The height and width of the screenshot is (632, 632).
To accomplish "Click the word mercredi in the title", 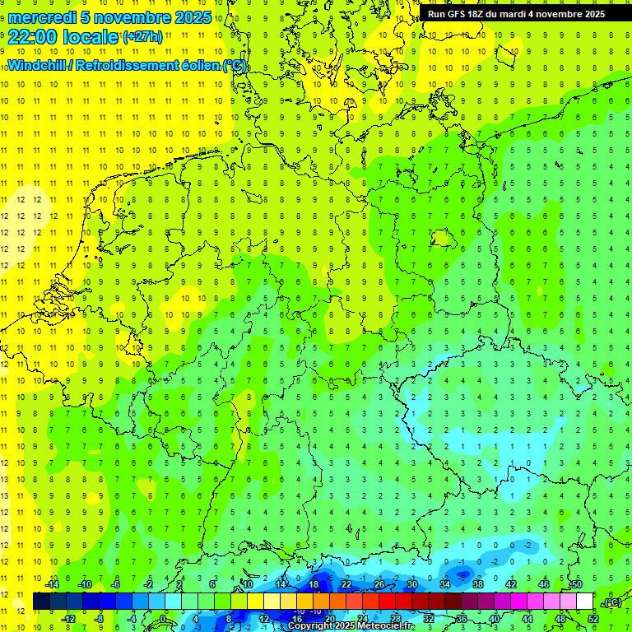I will (x=42, y=17).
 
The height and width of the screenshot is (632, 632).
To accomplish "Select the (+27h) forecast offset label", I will (x=142, y=37).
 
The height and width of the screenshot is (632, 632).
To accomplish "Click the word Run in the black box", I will (x=437, y=14).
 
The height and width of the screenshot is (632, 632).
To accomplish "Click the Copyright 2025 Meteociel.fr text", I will (x=351, y=626).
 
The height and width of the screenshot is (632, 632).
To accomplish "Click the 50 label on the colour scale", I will (x=577, y=584).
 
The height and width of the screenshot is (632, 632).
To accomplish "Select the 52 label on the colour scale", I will (x=592, y=618).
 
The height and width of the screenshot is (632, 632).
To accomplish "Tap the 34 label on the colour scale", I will (x=445, y=584).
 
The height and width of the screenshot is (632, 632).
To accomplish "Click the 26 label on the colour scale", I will (x=379, y=584).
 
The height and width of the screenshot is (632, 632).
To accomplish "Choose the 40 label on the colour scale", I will (x=494, y=618).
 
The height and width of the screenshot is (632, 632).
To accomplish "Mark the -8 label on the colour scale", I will (x=100, y=618).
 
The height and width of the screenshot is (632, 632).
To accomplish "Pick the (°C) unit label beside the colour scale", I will (x=612, y=602).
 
